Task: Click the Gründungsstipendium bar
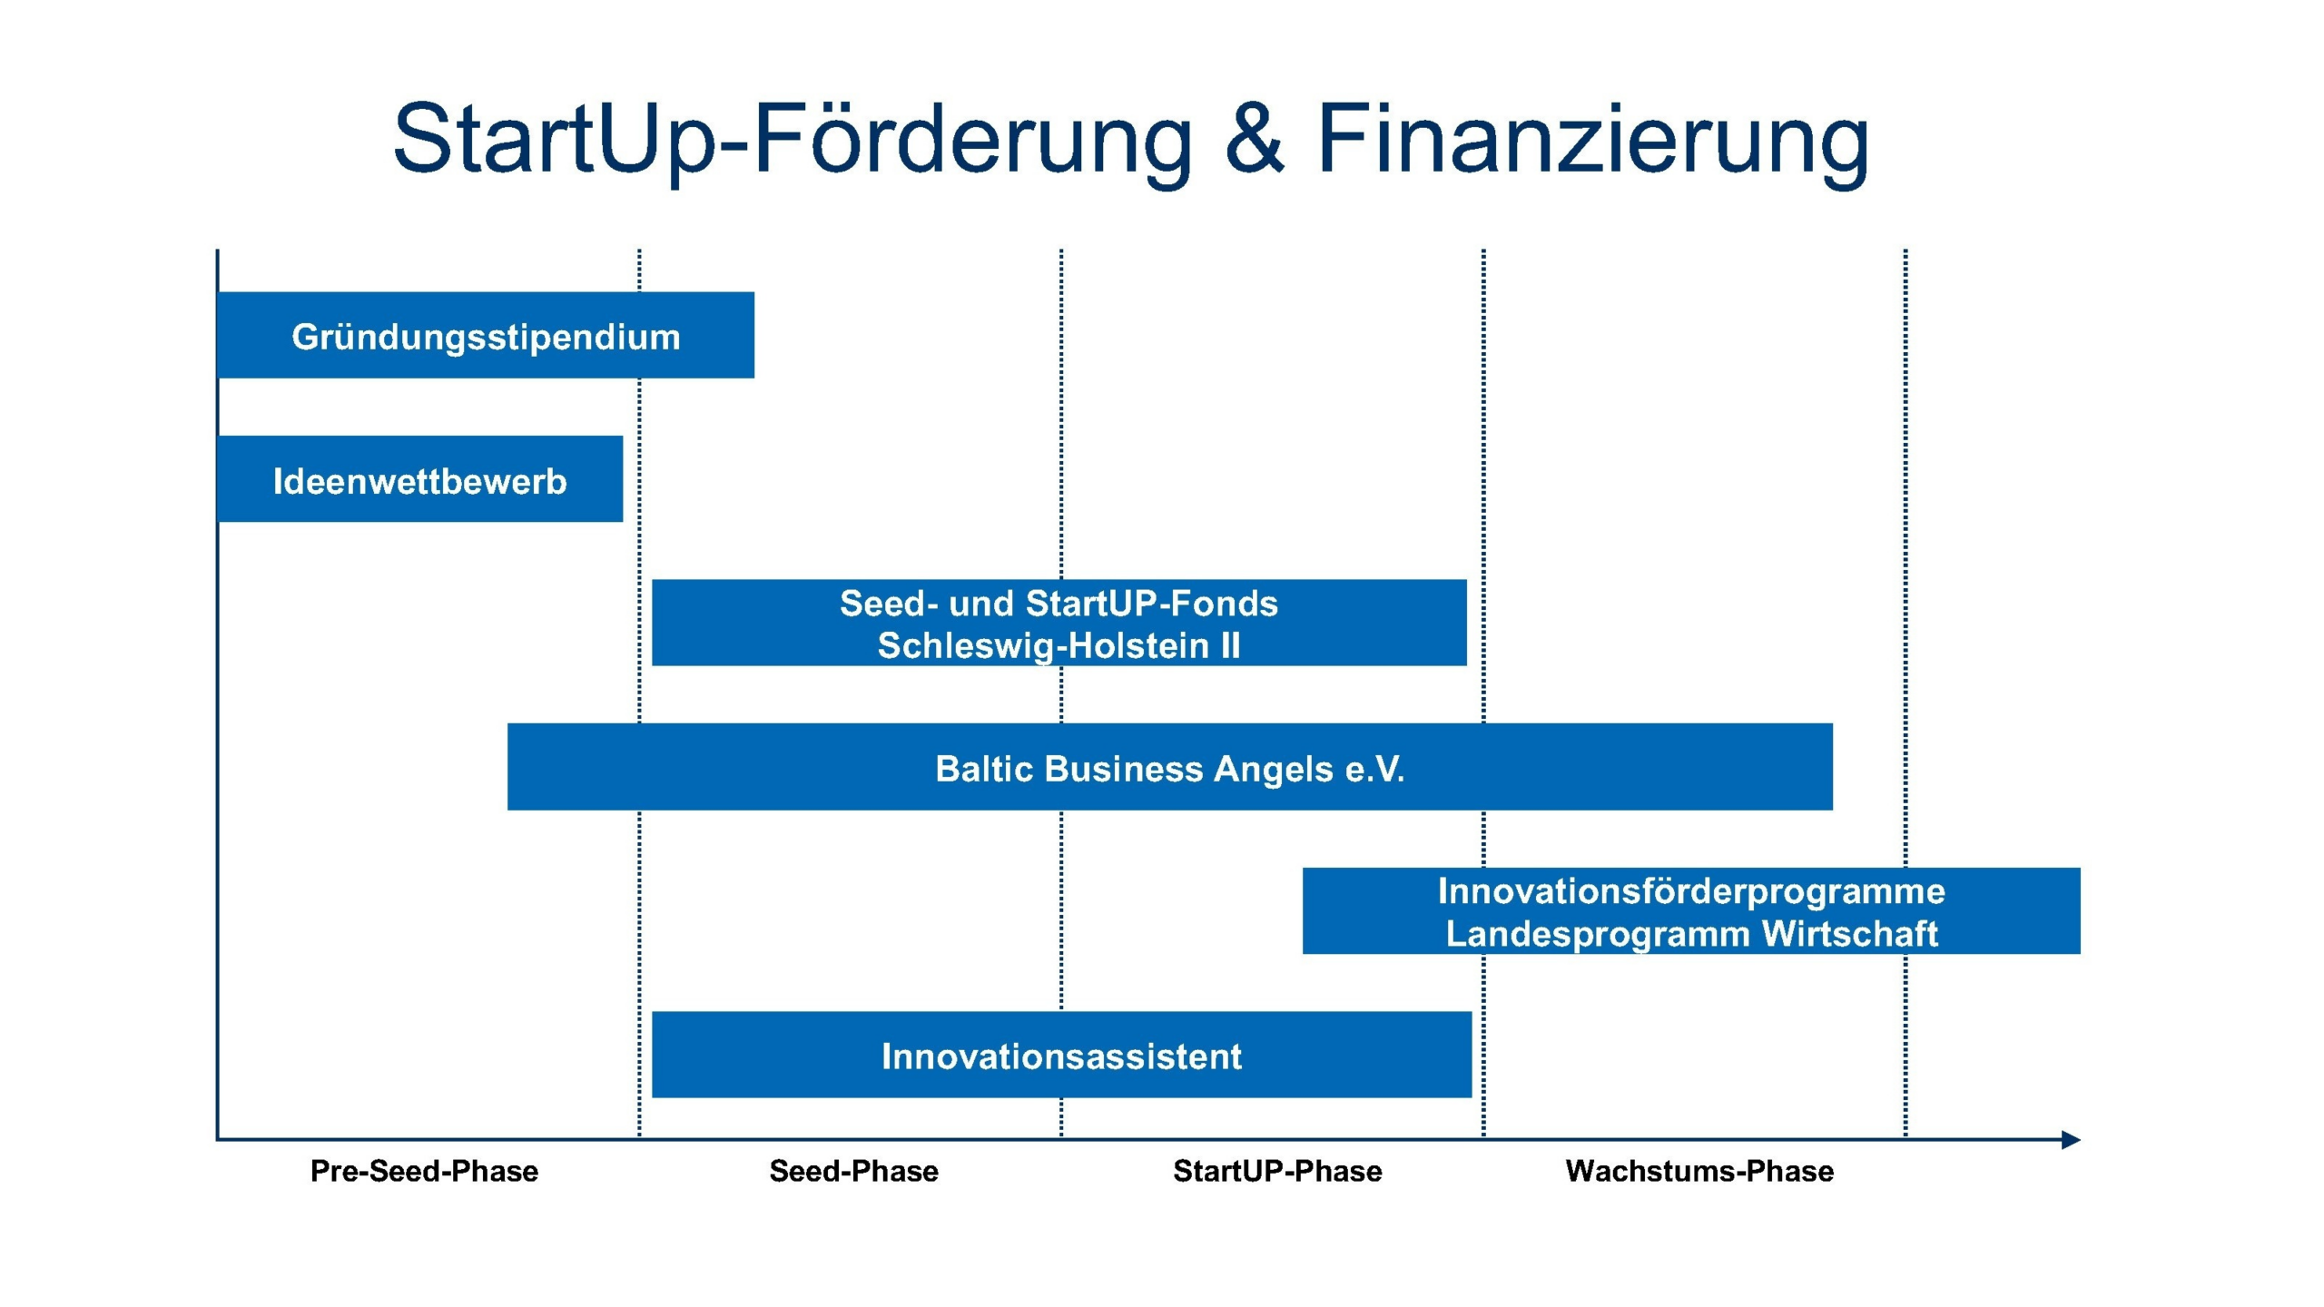pyautogui.click(x=486, y=335)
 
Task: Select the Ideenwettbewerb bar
pyautogui.click(x=419, y=479)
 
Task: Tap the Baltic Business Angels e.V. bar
pyautogui.click(x=1169, y=767)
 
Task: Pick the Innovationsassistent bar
pyautogui.click(x=1061, y=1055)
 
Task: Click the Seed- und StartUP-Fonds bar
pyautogui.click(x=1059, y=623)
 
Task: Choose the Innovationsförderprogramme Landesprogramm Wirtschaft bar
pyautogui.click(x=1690, y=910)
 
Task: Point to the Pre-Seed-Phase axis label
pyautogui.click(x=424, y=1171)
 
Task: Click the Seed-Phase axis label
pyautogui.click(x=853, y=1171)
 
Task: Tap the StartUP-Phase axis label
pyautogui.click(x=1277, y=1171)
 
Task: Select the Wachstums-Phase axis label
pyautogui.click(x=1699, y=1171)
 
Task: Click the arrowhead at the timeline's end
pyautogui.click(x=2070, y=1139)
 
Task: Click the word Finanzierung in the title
pyautogui.click(x=1592, y=141)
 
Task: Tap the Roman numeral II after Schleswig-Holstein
pyautogui.click(x=1229, y=645)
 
